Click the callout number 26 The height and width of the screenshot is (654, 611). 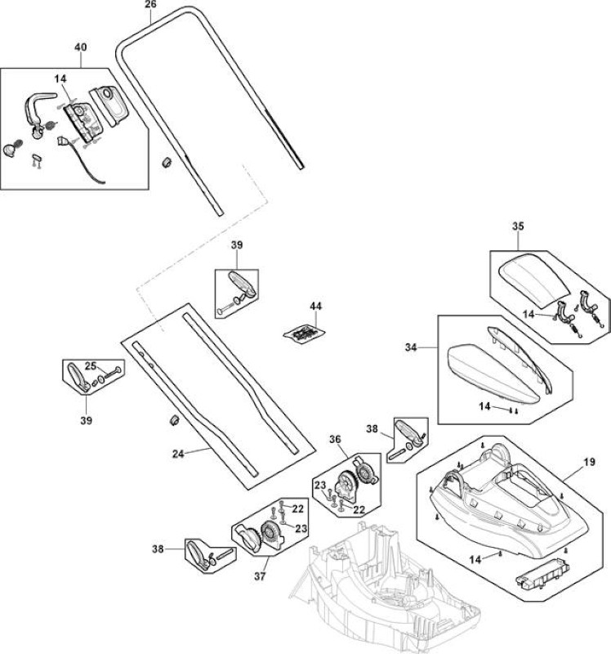tap(150, 5)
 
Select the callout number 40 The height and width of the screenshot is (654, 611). tap(81, 47)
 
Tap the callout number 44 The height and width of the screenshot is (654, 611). tap(315, 306)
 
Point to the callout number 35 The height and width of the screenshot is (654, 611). tap(518, 226)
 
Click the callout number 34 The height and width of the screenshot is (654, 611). tap(411, 347)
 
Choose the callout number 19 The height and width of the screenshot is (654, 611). tap(589, 462)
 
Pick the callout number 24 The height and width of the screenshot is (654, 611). tap(178, 454)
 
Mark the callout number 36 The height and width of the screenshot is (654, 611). tap(335, 439)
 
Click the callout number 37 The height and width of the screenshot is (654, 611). tap(260, 576)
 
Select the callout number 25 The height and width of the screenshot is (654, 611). tap(91, 365)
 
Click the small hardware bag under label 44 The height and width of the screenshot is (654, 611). tap(304, 334)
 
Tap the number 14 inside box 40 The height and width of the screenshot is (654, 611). tap(60, 78)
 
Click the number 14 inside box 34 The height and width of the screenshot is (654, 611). tap(484, 405)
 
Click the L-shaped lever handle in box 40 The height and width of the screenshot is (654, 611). tap(38, 109)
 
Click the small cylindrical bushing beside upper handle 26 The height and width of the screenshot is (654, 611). tap(167, 162)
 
